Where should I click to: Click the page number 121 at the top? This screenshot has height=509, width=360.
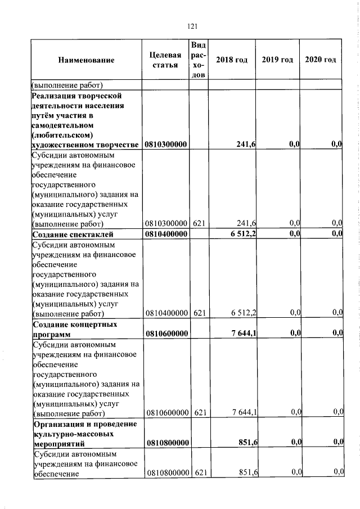click(x=191, y=26)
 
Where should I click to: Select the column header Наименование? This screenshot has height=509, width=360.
click(x=86, y=60)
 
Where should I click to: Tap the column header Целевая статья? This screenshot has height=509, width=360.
click(x=165, y=60)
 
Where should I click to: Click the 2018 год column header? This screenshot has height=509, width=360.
click(x=232, y=60)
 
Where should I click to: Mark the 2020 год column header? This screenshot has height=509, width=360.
click(x=321, y=60)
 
